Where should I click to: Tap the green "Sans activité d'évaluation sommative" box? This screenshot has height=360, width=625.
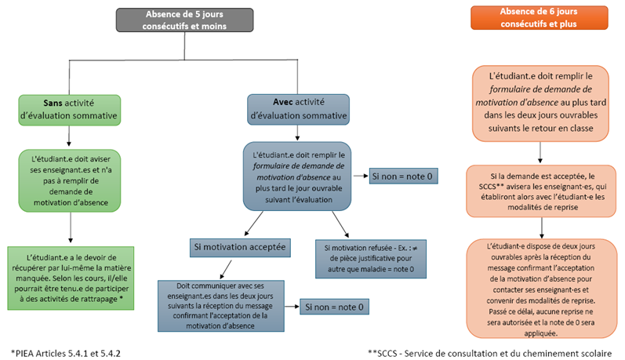(x=70, y=109)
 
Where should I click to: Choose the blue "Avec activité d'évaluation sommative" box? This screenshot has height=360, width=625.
(x=297, y=109)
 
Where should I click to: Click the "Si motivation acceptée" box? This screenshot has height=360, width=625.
(x=240, y=247)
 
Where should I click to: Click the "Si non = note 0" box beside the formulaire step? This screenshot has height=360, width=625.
(x=403, y=176)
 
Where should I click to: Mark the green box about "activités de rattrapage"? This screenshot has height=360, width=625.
(x=70, y=270)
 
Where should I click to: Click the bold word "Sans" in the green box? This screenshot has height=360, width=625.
(x=53, y=102)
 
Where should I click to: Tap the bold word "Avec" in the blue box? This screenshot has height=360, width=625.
(x=280, y=102)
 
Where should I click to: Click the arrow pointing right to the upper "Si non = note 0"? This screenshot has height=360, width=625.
(x=362, y=176)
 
